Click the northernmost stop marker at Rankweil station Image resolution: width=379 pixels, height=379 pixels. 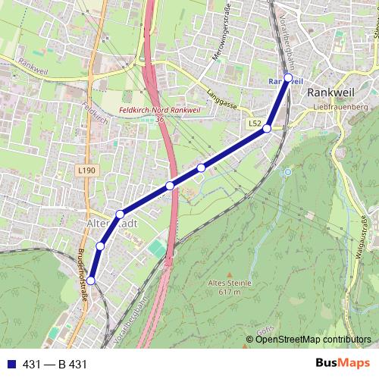tap(288, 77)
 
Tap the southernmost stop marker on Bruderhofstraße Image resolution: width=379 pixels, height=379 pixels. tap(91, 280)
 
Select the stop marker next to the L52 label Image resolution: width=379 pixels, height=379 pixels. tap(267, 129)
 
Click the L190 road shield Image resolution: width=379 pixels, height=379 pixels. tap(86, 171)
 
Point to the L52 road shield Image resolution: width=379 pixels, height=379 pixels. tap(255, 123)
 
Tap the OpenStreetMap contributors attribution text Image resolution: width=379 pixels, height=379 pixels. tap(313, 339)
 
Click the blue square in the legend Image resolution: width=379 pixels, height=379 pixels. tap(10, 365)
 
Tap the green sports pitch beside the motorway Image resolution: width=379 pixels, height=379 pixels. tap(157, 249)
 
